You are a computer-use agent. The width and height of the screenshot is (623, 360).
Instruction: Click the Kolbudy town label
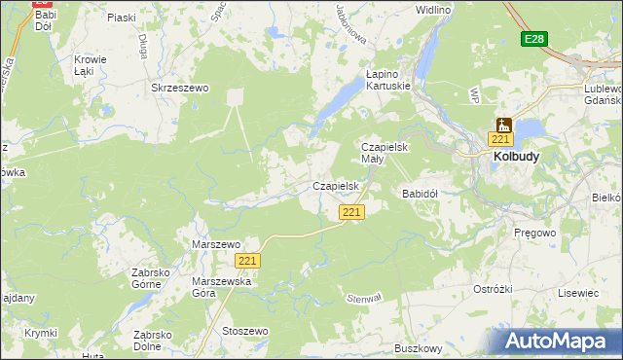tap(516, 156)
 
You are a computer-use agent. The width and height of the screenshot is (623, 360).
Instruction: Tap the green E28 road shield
tap(533, 39)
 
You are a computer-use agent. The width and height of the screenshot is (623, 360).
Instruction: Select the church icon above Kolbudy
tap(503, 125)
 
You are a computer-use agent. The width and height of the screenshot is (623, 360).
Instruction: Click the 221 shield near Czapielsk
tap(352, 212)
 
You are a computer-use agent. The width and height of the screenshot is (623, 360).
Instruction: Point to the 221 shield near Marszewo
tap(248, 261)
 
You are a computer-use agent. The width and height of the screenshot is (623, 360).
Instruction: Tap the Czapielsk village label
tap(337, 185)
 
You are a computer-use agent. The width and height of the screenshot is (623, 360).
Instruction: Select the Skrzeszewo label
tap(180, 88)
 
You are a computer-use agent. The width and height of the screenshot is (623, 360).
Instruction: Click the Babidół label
tap(421, 194)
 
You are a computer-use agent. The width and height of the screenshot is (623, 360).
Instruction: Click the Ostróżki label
tap(493, 289)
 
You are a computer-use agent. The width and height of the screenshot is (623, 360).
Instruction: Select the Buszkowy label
tap(419, 347)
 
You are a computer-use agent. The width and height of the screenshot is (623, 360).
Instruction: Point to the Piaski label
tap(121, 18)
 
